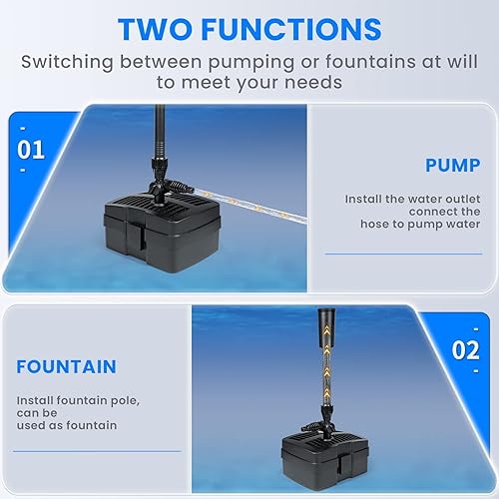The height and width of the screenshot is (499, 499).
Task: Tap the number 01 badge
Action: click(32, 151)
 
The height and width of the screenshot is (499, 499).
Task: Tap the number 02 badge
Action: click(465, 351)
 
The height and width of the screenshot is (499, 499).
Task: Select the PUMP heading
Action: click(452, 165)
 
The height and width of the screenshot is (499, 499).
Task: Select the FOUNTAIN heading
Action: click(66, 366)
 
